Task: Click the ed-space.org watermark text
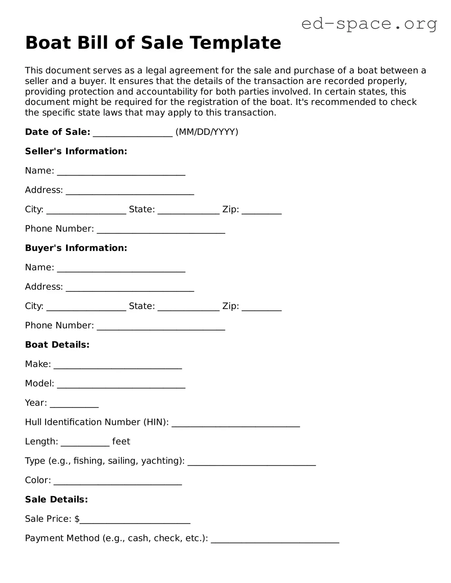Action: pyautogui.click(x=369, y=24)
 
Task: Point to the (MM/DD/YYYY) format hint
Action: pyautogui.click(x=207, y=132)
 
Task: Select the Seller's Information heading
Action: pyautogui.click(x=76, y=151)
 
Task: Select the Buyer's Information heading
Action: pyautogui.click(x=76, y=248)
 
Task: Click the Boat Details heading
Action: pyautogui.click(x=57, y=345)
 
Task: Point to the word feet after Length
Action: pyautogui.click(x=121, y=441)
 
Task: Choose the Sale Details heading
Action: pyautogui.click(x=56, y=499)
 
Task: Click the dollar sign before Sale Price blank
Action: pyautogui.click(x=77, y=519)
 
